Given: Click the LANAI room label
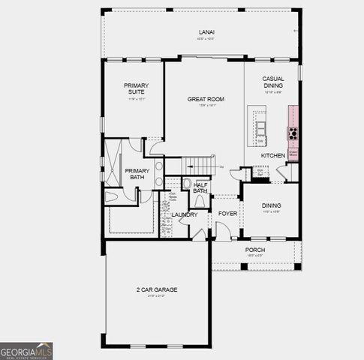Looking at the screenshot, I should tap(206, 32).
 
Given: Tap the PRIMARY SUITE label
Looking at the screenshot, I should tap(136, 89).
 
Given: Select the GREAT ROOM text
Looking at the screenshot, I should tap(206, 99).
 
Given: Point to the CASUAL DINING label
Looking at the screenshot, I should tap(272, 82).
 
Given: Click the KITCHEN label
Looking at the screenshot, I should tap(272, 155).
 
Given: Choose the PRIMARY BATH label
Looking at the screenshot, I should tap(137, 174).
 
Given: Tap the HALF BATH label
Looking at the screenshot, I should tap(200, 187).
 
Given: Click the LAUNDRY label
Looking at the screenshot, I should tap(184, 214).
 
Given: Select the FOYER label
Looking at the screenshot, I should tap(227, 214).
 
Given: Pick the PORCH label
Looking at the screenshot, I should tap(256, 250).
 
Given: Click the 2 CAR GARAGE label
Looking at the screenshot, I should tap(156, 289).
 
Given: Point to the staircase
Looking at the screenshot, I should tap(200, 164).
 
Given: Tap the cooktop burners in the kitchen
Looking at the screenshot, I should tap(292, 134).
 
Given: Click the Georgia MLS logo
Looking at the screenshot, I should tap(26, 351).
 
